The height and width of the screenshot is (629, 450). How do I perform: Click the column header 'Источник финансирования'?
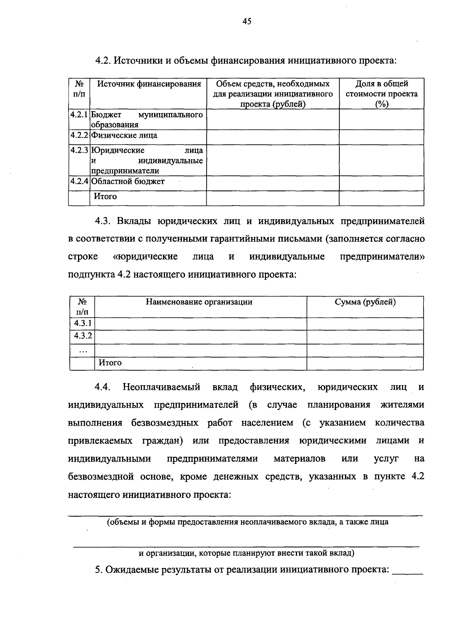[x=149, y=84]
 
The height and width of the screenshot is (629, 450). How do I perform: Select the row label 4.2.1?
[x=79, y=115]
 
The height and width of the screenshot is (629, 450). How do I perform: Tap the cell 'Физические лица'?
[x=124, y=136]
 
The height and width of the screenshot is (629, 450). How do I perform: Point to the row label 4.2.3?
[x=79, y=151]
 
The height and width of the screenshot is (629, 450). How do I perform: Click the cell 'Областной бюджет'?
[x=128, y=182]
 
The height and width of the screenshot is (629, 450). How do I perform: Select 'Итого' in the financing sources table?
[x=105, y=197]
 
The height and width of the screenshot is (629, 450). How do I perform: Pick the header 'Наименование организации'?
[x=199, y=302]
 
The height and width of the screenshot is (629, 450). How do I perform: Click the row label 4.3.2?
[x=82, y=336]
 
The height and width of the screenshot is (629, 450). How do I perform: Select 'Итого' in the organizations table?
[x=110, y=363]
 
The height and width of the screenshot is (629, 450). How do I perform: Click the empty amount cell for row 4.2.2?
[x=273, y=137]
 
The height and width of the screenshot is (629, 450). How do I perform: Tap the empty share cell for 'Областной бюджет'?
[x=381, y=183]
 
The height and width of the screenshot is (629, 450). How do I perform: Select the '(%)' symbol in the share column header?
[x=381, y=104]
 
